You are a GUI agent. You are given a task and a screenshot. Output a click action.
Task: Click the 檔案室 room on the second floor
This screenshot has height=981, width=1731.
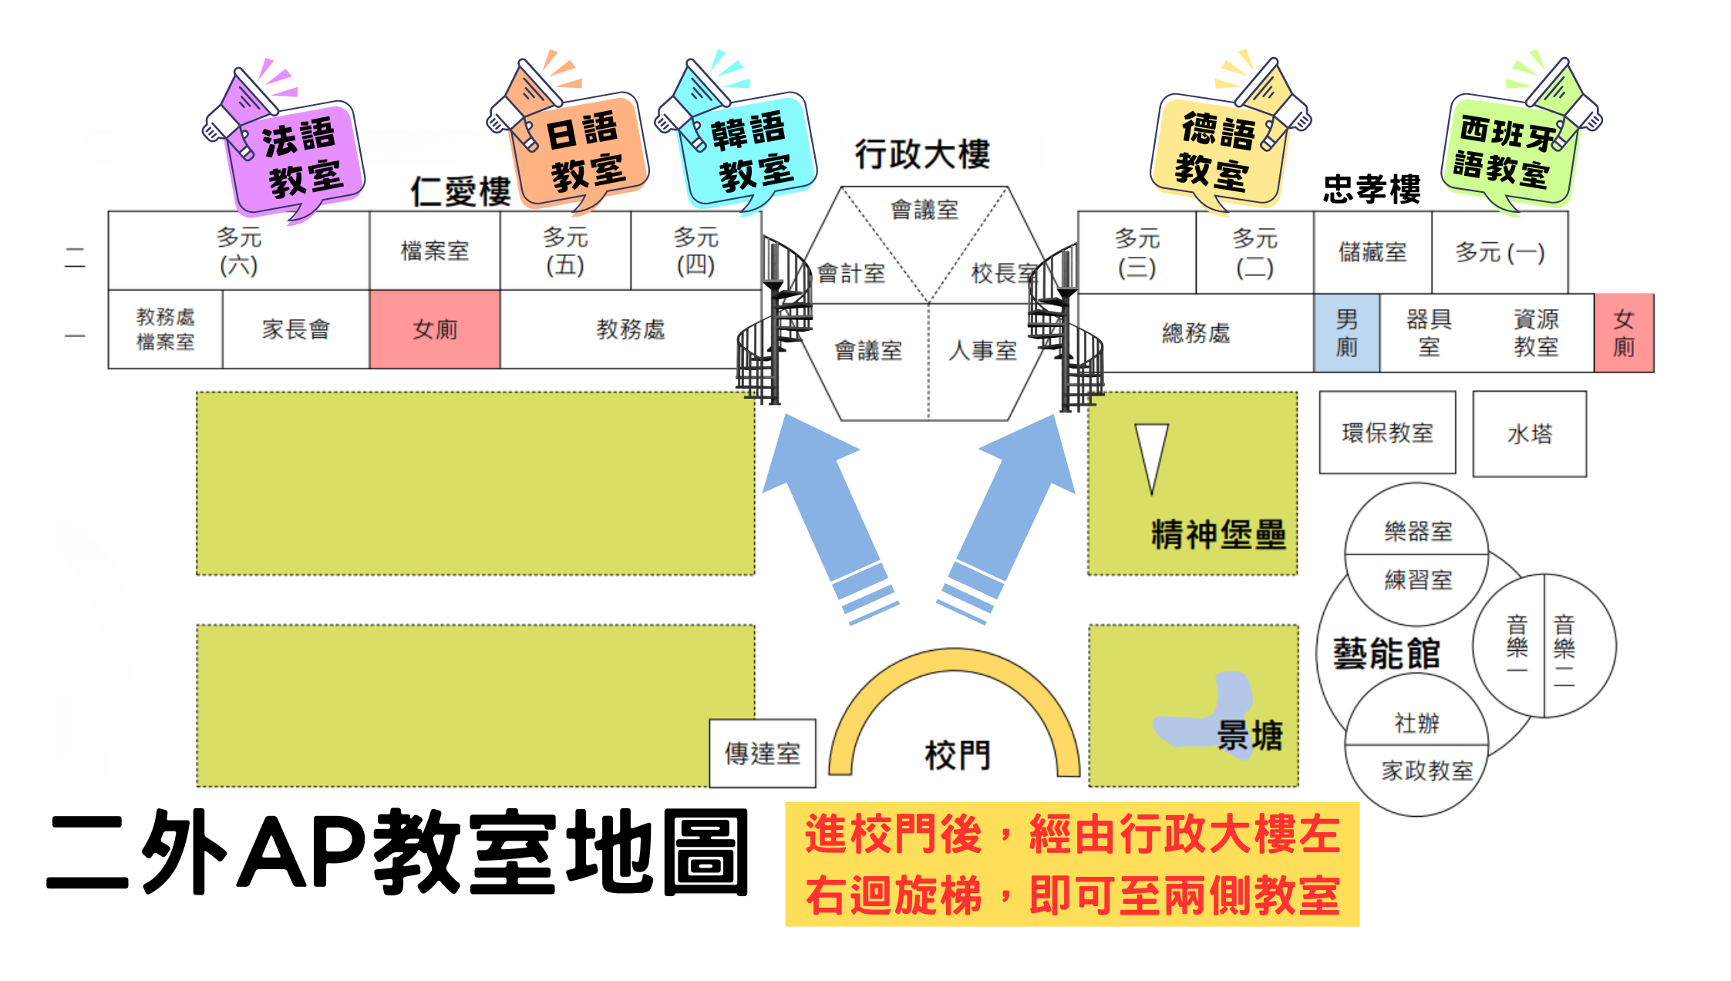click(435, 251)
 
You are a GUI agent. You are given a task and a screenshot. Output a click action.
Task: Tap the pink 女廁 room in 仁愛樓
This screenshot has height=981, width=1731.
click(435, 329)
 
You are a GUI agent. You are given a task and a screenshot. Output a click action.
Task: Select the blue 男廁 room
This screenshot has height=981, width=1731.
click(1347, 333)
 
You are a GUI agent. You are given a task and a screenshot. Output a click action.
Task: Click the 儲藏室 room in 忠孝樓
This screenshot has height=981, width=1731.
click(1372, 252)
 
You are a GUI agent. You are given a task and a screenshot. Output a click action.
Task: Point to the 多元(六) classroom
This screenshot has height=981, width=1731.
click(239, 251)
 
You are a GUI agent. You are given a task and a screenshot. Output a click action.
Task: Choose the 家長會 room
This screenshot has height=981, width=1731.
click(296, 329)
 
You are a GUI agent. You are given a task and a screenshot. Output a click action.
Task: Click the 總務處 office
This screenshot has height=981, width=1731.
click(1196, 333)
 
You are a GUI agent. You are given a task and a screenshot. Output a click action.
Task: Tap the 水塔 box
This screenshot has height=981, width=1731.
click(1530, 433)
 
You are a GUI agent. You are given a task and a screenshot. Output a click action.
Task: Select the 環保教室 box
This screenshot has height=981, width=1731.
click(1388, 432)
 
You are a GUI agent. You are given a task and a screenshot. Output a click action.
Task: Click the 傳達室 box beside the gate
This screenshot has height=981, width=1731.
click(763, 753)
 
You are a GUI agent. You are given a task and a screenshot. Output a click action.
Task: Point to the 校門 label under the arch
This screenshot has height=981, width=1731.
click(957, 755)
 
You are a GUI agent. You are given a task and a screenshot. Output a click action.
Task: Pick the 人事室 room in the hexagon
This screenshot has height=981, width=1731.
click(982, 351)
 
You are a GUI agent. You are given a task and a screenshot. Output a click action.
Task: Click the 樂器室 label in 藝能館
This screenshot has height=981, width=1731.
click(1418, 531)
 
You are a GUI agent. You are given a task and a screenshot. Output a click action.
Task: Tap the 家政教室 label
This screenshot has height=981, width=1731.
click(1426, 770)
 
